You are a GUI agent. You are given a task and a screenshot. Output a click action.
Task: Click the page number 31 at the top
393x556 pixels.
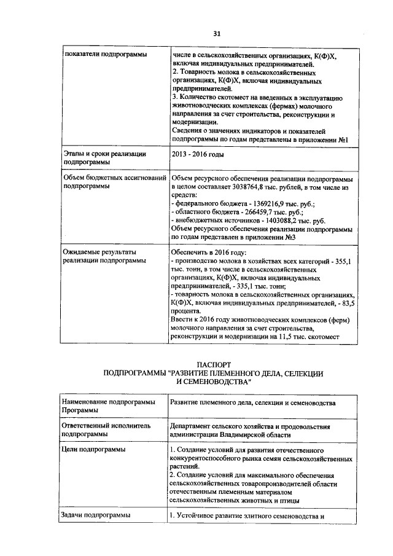(x=217, y=33)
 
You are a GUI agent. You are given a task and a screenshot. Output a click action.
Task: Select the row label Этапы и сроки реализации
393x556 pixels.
(x=105, y=153)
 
